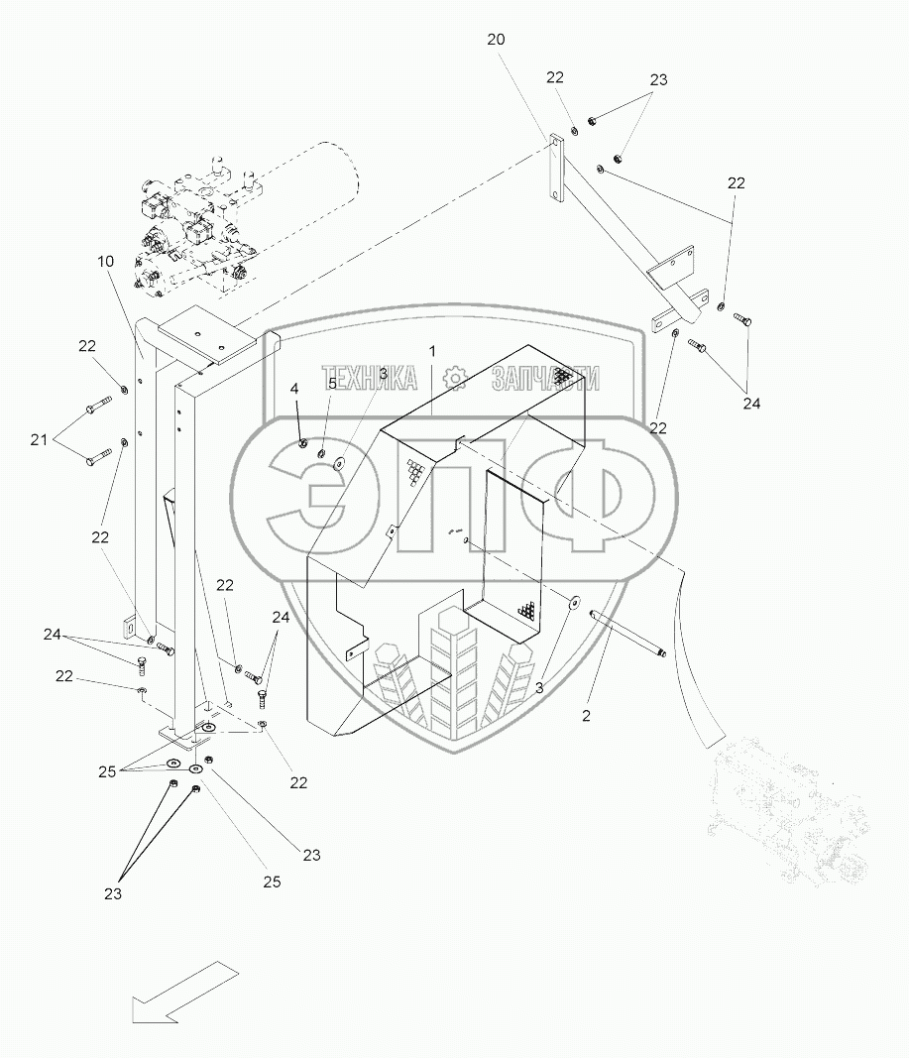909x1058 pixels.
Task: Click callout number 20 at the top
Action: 496,40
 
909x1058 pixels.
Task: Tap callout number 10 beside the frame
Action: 106,261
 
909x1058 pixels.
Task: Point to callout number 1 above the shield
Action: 432,352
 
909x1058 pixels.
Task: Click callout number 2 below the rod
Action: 586,715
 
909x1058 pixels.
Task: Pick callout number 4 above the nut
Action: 294,390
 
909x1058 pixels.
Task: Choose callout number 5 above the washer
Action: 333,384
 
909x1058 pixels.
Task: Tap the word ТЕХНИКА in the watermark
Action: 371,378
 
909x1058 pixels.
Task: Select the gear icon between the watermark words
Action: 455,378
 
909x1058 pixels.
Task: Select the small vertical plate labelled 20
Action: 556,170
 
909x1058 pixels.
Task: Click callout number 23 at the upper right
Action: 659,80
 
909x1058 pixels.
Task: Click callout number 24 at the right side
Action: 751,404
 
